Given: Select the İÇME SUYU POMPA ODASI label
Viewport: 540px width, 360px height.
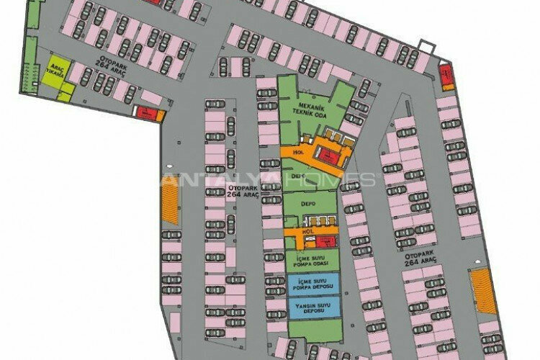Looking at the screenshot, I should pyautogui.click(x=311, y=260).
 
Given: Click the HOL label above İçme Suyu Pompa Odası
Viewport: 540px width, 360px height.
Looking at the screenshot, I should pyautogui.click(x=307, y=231).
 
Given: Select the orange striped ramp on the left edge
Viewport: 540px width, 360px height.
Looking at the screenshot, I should pyautogui.click(x=171, y=207).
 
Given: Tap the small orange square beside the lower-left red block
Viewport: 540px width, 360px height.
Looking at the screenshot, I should pyautogui.click(x=161, y=115).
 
